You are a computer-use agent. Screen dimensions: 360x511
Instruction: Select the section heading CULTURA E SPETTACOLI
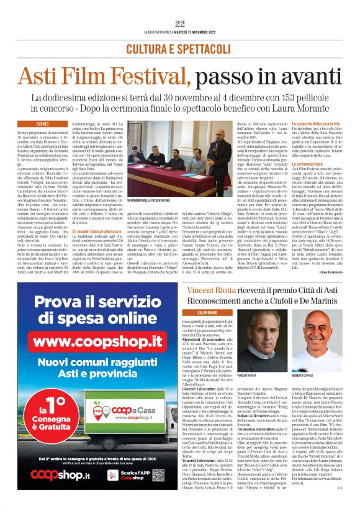pos(180,48)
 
